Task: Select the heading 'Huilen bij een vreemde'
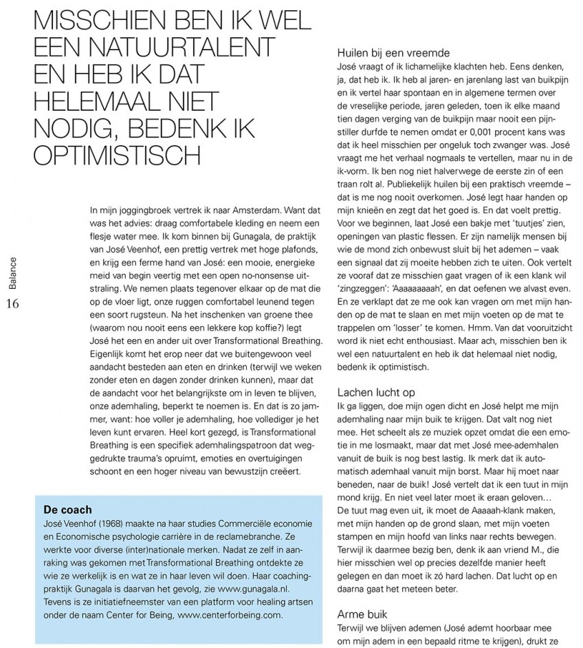point(392,52)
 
